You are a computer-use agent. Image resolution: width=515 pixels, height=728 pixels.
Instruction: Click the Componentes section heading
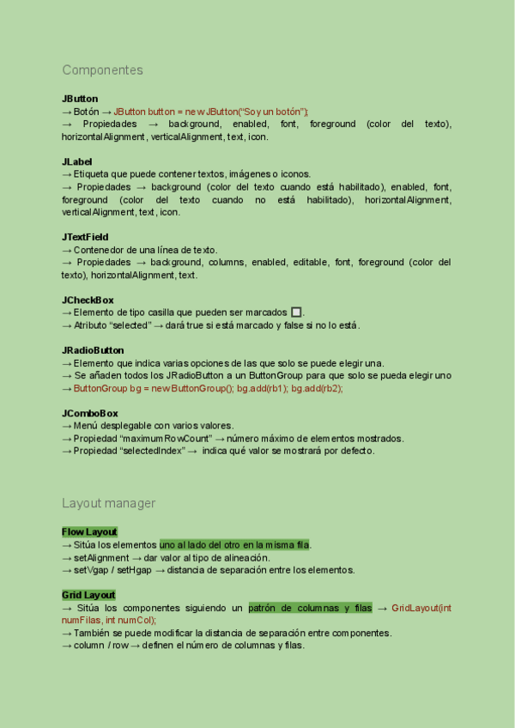(102, 70)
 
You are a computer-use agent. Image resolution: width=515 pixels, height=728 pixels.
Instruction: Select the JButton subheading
(80, 99)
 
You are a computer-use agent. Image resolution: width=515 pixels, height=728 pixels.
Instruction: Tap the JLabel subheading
(77, 161)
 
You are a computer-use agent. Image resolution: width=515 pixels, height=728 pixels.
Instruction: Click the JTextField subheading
(85, 237)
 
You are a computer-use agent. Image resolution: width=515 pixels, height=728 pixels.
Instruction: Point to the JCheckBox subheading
(88, 300)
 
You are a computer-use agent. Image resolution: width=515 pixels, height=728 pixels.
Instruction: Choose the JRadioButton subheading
(93, 350)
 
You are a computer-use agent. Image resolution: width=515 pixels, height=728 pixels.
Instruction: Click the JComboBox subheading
(90, 413)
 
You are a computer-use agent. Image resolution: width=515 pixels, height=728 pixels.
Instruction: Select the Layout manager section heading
(108, 503)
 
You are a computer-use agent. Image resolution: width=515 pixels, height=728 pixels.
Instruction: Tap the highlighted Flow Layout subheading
(89, 532)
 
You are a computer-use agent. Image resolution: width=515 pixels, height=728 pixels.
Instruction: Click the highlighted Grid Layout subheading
(88, 595)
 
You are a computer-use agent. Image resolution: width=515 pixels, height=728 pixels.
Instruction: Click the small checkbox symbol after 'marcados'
(296, 312)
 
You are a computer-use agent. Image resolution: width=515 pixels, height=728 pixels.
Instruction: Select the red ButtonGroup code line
(208, 388)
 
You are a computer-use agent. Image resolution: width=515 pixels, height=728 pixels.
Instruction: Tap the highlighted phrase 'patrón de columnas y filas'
(310, 608)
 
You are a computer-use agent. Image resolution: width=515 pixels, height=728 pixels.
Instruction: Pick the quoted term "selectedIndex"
(155, 451)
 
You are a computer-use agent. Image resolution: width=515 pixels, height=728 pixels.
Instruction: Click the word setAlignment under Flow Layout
(101, 557)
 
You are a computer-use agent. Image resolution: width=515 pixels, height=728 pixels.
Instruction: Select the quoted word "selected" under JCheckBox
(128, 325)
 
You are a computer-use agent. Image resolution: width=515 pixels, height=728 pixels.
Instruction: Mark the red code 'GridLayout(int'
(421, 608)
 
